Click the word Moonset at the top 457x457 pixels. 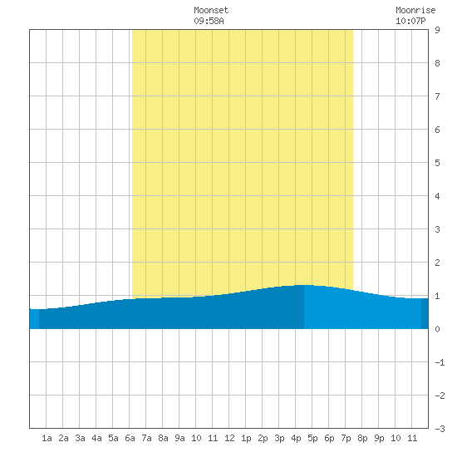(x=211, y=10)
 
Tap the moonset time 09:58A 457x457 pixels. (x=209, y=21)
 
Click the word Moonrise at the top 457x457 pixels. (x=415, y=10)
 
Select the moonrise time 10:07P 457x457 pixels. (x=410, y=21)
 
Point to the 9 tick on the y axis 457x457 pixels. (x=437, y=30)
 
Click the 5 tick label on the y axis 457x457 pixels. (x=437, y=163)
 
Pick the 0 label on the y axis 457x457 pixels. (x=437, y=329)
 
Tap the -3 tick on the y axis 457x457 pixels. (x=440, y=429)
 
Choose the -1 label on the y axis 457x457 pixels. (x=440, y=362)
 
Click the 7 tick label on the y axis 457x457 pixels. (x=437, y=96)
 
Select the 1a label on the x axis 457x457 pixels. (x=47, y=438)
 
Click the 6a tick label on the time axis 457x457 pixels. (x=130, y=438)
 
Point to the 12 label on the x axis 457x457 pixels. (x=229, y=438)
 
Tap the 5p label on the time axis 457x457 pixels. (x=312, y=438)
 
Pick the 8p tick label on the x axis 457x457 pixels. (x=362, y=438)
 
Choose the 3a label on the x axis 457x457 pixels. (x=80, y=438)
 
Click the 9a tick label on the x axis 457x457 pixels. (x=179, y=438)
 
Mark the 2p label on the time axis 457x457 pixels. (x=263, y=438)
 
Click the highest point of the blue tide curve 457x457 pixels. (x=304, y=285)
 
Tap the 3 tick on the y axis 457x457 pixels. (x=437, y=229)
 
